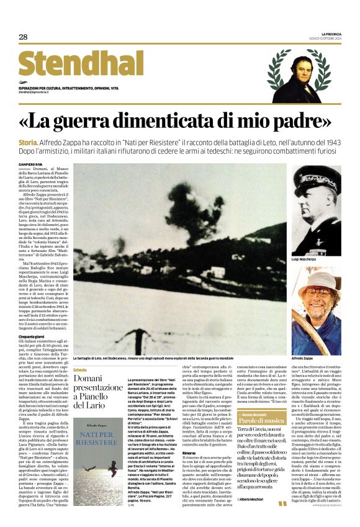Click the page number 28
pyautogui.click(x=23, y=37)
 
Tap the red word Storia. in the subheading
pyautogui.click(x=29, y=143)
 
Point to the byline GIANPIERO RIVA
pyautogui.click(x=30, y=164)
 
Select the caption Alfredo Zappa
pyautogui.click(x=304, y=359)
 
